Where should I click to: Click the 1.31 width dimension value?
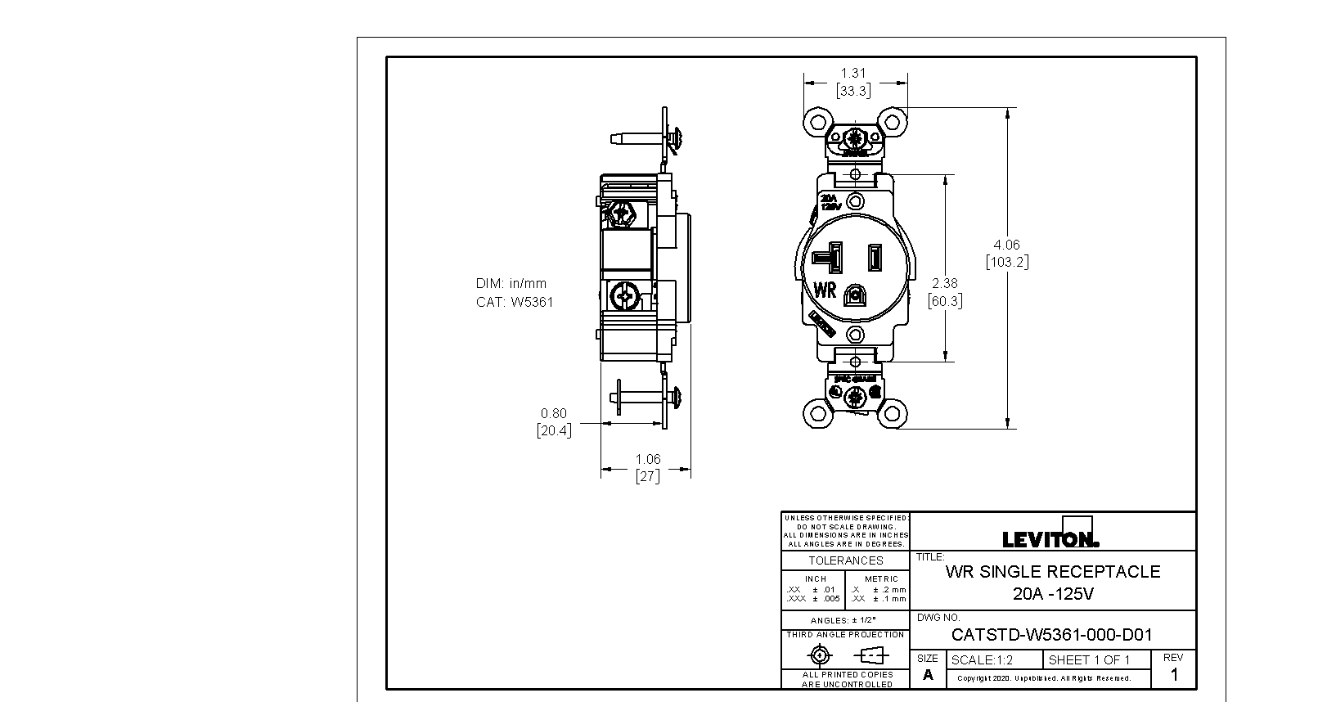tap(852, 73)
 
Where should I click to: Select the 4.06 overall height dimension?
tap(1006, 245)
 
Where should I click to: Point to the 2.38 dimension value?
tap(945, 283)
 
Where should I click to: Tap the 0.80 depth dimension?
tap(553, 413)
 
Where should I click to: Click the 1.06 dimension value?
tap(647, 459)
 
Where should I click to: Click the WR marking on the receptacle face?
tap(825, 290)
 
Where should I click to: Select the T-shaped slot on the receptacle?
tap(836, 257)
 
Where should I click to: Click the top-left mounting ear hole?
tap(816, 122)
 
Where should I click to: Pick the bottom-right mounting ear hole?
tap(893, 413)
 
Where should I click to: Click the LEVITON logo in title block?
tap(1050, 539)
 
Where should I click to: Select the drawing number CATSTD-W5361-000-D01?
tap(1051, 635)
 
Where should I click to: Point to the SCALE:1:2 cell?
tap(982, 660)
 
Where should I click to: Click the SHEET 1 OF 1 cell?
tap(1089, 660)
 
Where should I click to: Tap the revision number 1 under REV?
tap(1175, 675)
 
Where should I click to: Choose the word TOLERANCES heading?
tap(846, 560)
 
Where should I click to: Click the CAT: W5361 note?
tap(515, 302)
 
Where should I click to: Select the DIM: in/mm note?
tap(511, 283)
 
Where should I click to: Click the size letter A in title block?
tap(928, 675)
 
